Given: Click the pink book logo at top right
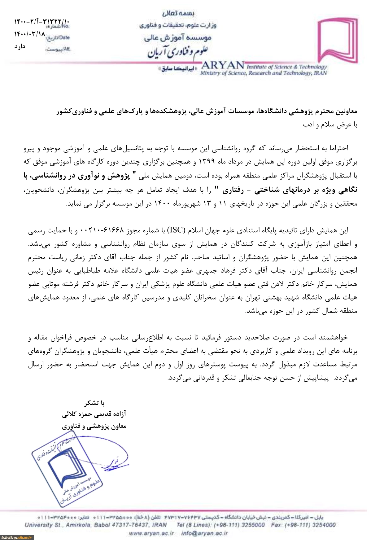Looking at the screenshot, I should tap(338, 40).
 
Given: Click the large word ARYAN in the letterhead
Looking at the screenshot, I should tap(223, 65).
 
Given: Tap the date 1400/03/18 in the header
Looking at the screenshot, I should tap(30, 34).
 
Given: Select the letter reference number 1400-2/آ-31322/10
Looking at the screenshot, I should tap(42, 22).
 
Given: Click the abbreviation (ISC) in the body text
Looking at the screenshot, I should tap(176, 230).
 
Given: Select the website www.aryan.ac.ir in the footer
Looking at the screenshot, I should tap(151, 533).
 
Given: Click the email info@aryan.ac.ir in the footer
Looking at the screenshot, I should tap(204, 533).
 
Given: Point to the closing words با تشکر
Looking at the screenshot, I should tap(94, 403).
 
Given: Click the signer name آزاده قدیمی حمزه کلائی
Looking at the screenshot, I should tap(94, 414).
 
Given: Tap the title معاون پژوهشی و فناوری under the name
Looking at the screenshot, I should tap(94, 426).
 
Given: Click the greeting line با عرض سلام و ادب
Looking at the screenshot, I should tap(330, 125).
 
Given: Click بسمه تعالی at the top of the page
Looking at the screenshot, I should tap(178, 13).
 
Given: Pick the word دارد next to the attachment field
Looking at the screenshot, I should tap(20, 46).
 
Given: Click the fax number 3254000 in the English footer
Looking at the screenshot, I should tap(324, 525).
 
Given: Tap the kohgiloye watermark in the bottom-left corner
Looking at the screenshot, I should tap(17, 538).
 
